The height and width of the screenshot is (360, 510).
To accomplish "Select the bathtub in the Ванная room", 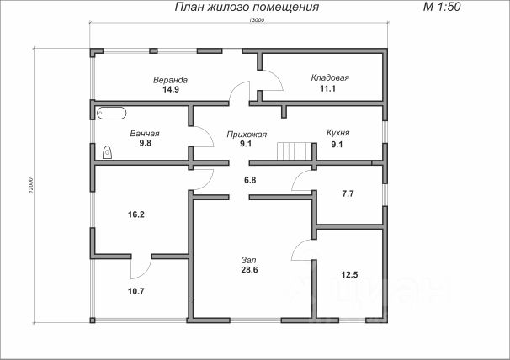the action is coord(112,112).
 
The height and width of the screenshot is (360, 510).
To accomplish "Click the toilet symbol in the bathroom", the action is coord(108,152).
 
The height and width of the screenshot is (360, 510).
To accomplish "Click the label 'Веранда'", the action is coord(170,80).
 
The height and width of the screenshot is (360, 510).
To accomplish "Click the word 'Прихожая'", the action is coord(247,134).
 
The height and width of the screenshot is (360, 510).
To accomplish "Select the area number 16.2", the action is coord(135,214).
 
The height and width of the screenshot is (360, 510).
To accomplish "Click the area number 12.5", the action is coord(350,275).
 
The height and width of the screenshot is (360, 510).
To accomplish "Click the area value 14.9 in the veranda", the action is coord(171,90).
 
